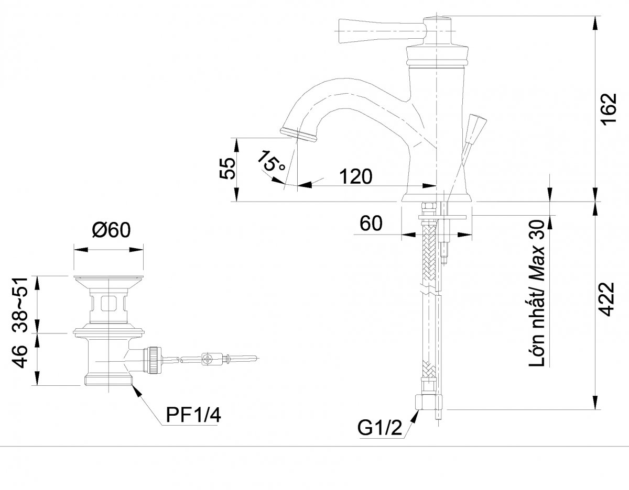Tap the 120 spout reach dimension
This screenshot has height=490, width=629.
tap(355, 176)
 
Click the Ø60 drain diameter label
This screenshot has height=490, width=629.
tap(112, 230)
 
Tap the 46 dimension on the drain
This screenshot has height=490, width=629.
tap(20, 357)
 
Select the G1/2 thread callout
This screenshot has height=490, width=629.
tap(380, 428)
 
